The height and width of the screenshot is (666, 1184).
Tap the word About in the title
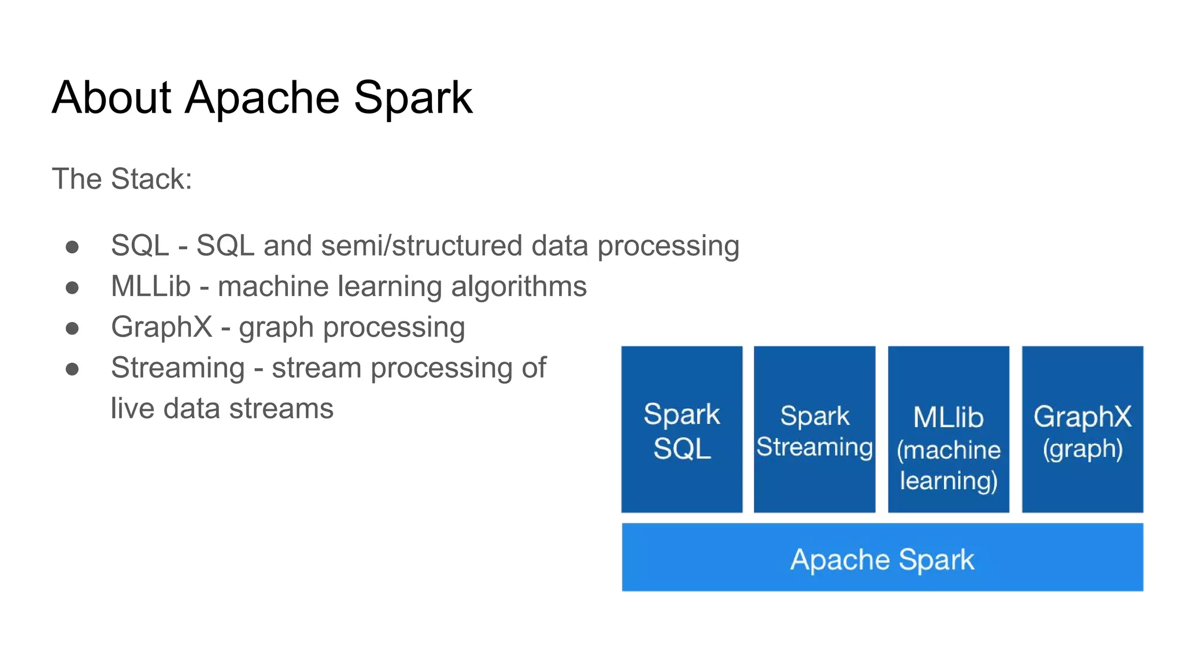point(112,97)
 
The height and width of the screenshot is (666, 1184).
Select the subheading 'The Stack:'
point(122,179)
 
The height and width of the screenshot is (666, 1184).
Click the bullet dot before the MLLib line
point(72,287)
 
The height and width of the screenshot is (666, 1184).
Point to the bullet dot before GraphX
point(72,328)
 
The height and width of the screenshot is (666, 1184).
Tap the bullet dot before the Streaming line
point(72,369)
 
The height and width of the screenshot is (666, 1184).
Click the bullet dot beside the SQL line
point(72,247)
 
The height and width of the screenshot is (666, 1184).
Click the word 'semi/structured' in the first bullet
point(421,246)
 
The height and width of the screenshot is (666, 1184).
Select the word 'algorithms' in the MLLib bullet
point(519,287)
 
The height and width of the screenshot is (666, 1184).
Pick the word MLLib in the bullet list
point(150,287)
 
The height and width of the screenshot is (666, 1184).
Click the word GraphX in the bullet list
point(161,327)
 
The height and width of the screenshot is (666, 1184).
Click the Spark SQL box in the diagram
point(682,429)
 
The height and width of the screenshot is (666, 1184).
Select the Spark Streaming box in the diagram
point(814,429)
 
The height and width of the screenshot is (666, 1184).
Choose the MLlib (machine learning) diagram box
point(948,429)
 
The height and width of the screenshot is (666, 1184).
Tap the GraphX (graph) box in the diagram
point(1082,429)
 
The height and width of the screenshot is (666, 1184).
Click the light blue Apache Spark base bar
point(882,557)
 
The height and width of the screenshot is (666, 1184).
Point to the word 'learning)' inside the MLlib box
point(948,481)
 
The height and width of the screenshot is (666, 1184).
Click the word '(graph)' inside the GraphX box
point(1082,449)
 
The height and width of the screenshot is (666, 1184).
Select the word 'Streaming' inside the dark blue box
point(814,447)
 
